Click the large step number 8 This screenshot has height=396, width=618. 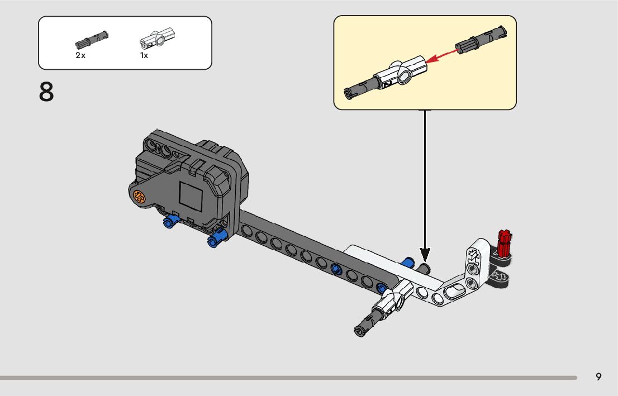(46, 92)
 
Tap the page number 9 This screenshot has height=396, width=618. (598, 377)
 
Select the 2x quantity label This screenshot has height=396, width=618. (80, 56)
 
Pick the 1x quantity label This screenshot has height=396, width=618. (144, 56)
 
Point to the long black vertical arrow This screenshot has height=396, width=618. (425, 179)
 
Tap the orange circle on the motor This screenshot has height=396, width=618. (139, 197)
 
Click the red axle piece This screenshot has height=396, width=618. (505, 242)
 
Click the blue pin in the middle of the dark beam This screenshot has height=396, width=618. (336, 269)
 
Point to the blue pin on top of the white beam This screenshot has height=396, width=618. (408, 262)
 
